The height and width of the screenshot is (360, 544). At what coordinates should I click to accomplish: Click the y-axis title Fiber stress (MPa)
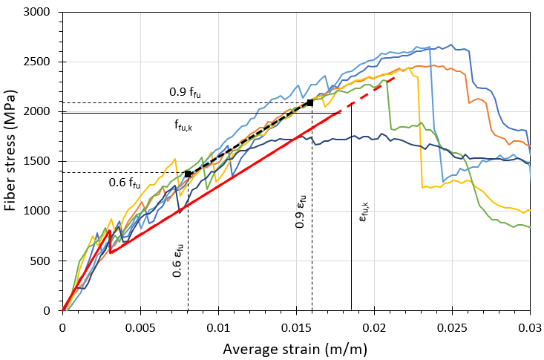coord(12,162)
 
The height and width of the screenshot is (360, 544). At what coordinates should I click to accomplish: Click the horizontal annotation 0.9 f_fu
coord(185,93)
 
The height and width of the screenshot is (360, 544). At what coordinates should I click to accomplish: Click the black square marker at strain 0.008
coord(188,174)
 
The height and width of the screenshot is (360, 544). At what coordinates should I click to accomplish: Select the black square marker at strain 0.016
coord(310,102)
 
